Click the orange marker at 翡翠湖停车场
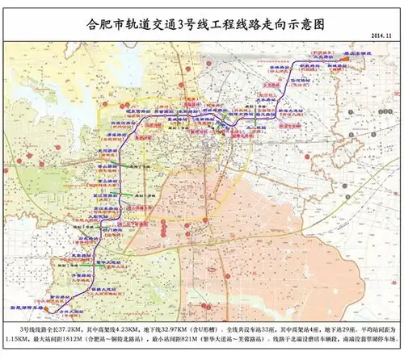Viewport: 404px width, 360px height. tap(34, 310)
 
